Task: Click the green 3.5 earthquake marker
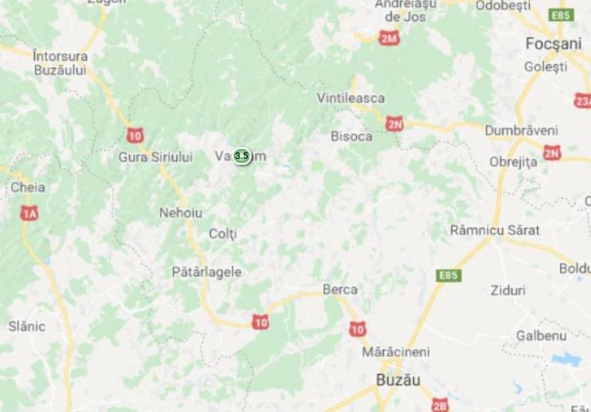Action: [x=241, y=155]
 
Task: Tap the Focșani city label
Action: [x=552, y=44]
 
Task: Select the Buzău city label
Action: [x=397, y=380]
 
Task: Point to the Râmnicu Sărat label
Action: [x=494, y=230]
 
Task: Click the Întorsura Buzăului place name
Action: [x=61, y=63]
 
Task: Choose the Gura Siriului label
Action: [x=155, y=157]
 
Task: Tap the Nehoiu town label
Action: [x=179, y=212]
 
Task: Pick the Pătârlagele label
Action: [x=206, y=272]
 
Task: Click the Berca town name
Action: [x=339, y=289]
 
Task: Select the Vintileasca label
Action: [x=351, y=98]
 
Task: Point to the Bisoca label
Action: [x=352, y=136]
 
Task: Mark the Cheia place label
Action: [x=27, y=187]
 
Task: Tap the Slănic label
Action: [x=26, y=326]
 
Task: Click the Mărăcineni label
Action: [x=396, y=352]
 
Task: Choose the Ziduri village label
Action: [x=508, y=291]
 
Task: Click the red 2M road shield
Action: [x=389, y=36]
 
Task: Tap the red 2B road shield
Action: [x=440, y=404]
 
